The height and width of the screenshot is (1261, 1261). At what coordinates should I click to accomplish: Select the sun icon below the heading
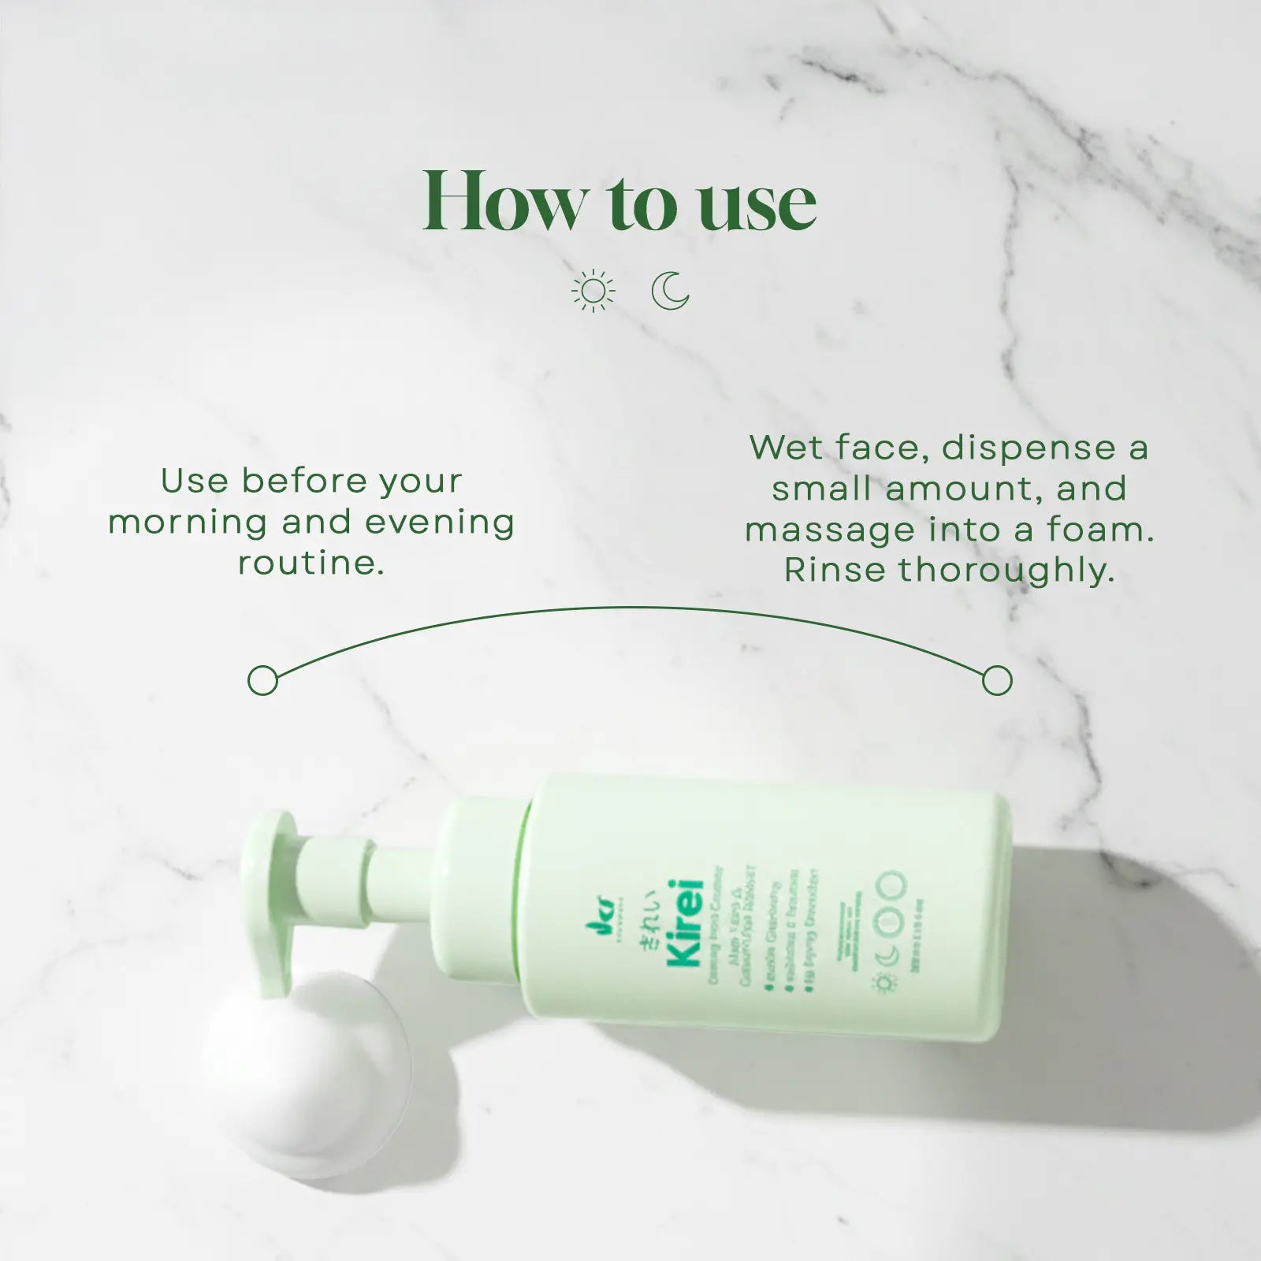point(593,291)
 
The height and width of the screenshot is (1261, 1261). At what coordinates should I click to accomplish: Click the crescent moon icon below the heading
point(671,291)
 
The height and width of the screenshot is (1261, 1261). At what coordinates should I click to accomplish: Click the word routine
point(311,564)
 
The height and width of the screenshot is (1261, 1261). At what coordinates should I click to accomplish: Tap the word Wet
point(785,448)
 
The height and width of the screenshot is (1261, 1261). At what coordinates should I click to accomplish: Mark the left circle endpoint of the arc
point(262,679)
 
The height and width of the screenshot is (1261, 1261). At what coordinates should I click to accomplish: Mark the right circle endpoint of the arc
point(997,679)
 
